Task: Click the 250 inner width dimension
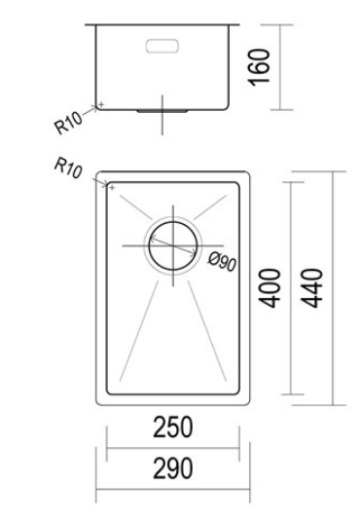pos(172,427)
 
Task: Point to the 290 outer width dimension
pos(172,469)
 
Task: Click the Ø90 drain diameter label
pos(224,261)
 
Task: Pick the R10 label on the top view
pos(67,167)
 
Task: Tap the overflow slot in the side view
pos(162,44)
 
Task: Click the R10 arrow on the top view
pos(100,180)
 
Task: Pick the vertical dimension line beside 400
pos(291,287)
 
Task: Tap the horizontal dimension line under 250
pos(172,449)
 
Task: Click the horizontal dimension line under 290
pos(172,489)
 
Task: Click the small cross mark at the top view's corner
pos(112,186)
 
